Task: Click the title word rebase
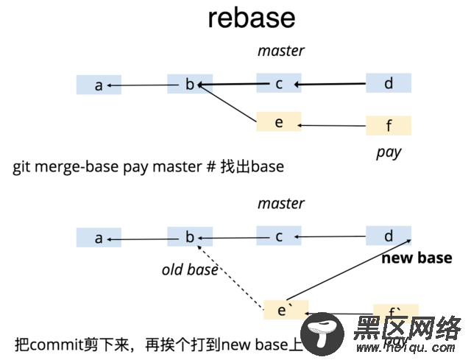252,18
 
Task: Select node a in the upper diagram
99,85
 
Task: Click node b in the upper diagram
190,85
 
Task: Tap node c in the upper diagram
279,84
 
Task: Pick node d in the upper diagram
389,83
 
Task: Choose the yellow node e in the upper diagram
279,122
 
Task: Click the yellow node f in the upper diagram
389,126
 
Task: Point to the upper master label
280,51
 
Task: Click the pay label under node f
388,153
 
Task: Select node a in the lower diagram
99,238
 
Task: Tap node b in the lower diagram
190,237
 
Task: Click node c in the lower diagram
279,236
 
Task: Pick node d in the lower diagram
389,236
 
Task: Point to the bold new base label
416,258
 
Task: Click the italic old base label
190,270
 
